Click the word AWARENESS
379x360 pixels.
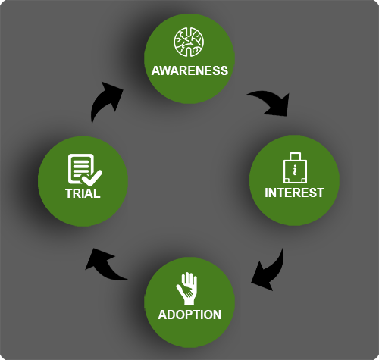pyautogui.click(x=189, y=70)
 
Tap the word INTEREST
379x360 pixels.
pyautogui.click(x=294, y=193)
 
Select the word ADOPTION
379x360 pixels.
pyautogui.click(x=189, y=315)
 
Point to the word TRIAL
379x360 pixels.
pyautogui.click(x=83, y=193)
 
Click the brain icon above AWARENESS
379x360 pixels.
pyautogui.click(x=189, y=42)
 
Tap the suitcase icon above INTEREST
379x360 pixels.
pyautogui.click(x=295, y=167)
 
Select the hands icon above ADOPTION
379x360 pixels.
pyautogui.click(x=187, y=289)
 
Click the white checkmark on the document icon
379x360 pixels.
pyautogui.click(x=92, y=177)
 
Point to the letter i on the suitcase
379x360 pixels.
pyautogui.click(x=295, y=170)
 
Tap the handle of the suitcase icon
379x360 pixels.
pyautogui.click(x=295, y=156)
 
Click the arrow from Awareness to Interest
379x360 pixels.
pyautogui.click(x=273, y=101)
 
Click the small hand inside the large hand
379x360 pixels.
pyautogui.click(x=186, y=290)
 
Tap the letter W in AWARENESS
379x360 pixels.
pyautogui.click(x=166, y=70)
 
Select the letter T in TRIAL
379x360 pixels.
pyautogui.click(x=70, y=193)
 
